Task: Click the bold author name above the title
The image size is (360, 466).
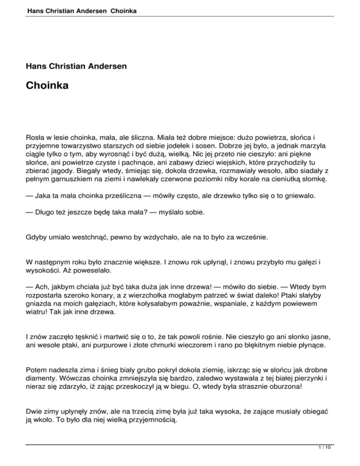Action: point(76,67)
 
